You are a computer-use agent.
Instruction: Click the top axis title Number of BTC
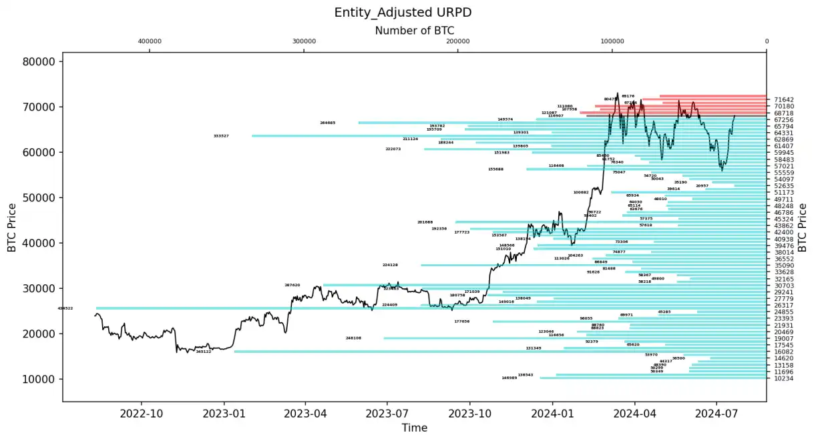(x=414, y=30)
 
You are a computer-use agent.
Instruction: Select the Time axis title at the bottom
(x=414, y=428)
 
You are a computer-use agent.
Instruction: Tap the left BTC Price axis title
(x=12, y=228)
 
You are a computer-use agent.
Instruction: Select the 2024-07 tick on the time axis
(x=716, y=412)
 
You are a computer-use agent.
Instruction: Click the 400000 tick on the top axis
(x=150, y=41)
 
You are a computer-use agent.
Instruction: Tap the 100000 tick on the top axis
(x=612, y=41)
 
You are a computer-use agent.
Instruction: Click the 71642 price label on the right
(x=784, y=99)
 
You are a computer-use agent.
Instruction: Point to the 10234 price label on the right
(x=784, y=378)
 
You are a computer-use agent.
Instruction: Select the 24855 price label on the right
(x=784, y=312)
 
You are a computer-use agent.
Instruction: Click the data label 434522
(x=65, y=308)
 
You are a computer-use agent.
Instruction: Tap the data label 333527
(x=221, y=136)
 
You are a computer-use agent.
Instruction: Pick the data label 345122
(x=203, y=352)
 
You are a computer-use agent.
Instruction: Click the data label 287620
(x=292, y=285)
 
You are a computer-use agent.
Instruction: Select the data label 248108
(x=353, y=338)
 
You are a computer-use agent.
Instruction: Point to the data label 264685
(x=328, y=123)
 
